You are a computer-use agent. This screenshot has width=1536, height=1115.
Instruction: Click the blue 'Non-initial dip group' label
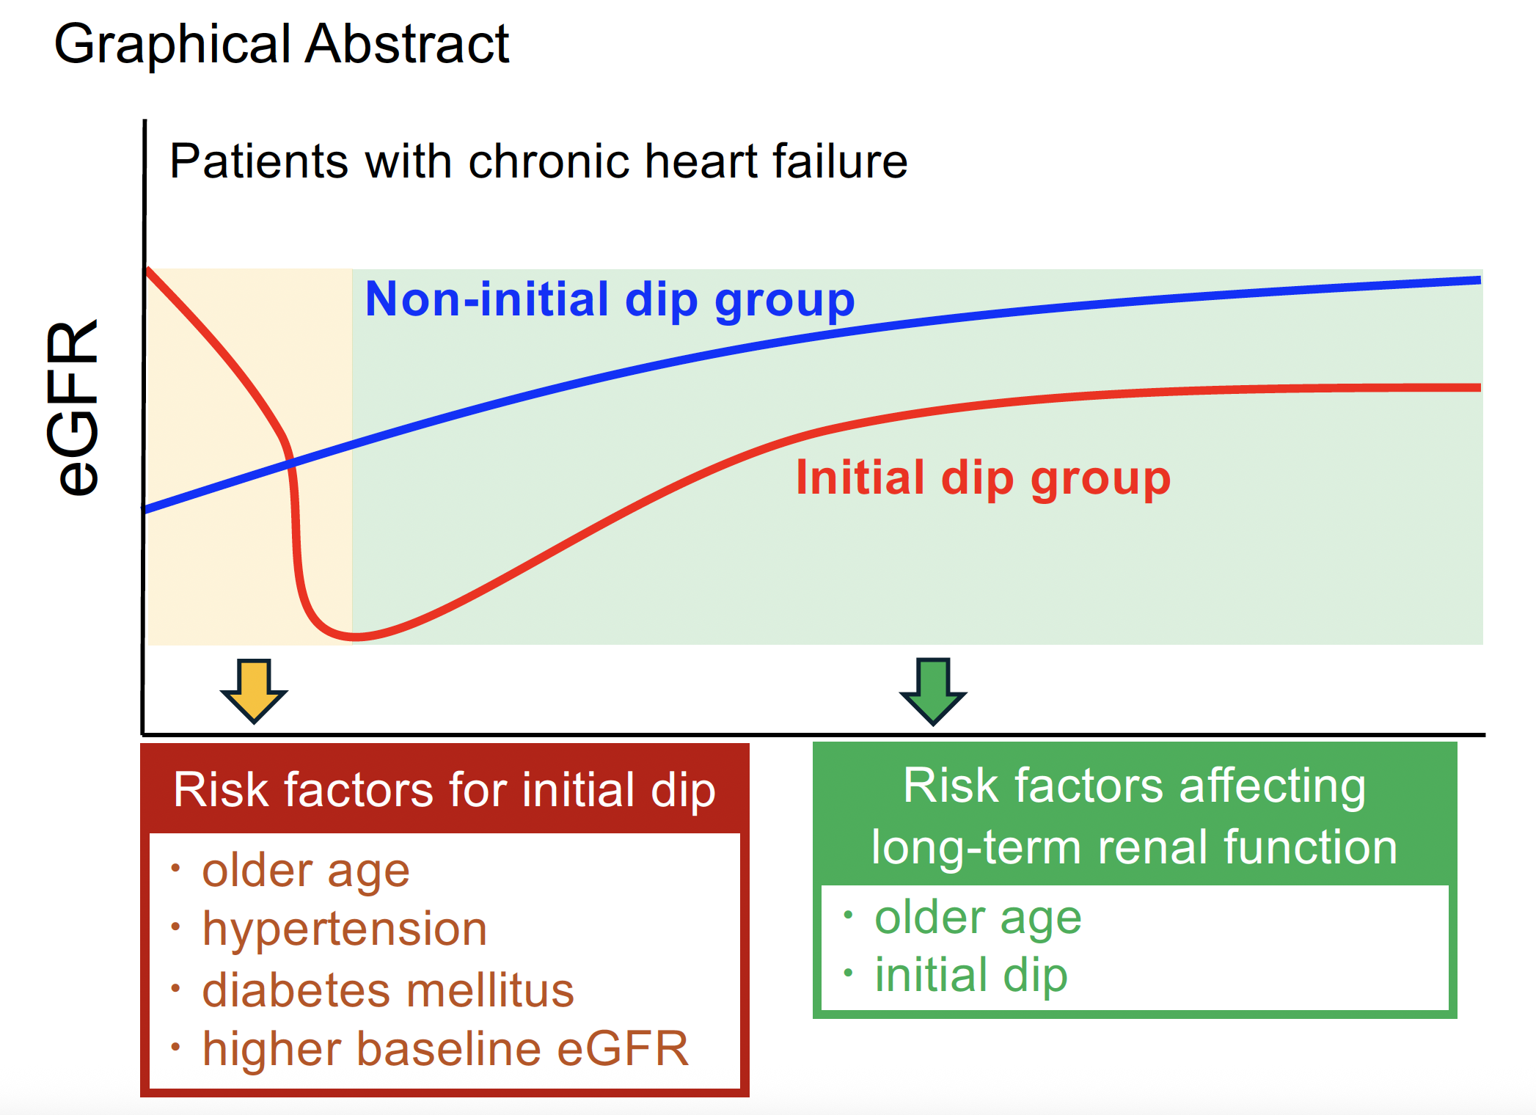tap(610, 299)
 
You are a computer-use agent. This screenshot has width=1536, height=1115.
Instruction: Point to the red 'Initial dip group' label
tap(983, 478)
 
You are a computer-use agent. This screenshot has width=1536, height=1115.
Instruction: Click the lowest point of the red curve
tap(354, 637)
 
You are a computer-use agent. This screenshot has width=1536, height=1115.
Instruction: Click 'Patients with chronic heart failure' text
tap(538, 161)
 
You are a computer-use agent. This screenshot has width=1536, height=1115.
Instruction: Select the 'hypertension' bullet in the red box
tap(345, 929)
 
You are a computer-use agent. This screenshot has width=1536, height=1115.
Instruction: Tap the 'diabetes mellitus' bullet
tap(388, 990)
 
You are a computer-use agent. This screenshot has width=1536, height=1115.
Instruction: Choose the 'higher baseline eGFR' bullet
tap(445, 1048)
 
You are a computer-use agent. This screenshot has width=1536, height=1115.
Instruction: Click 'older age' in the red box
tap(306, 871)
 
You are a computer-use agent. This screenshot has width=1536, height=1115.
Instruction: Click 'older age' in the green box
tap(978, 917)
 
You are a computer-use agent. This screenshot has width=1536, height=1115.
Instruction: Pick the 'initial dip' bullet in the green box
tap(970, 975)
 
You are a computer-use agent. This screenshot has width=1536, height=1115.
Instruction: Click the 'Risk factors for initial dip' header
tap(445, 790)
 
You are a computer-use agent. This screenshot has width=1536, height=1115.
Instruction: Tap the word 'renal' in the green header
tap(1151, 847)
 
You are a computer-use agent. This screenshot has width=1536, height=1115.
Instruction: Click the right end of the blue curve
tap(1477, 280)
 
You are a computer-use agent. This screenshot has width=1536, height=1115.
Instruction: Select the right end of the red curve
tap(1477, 387)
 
